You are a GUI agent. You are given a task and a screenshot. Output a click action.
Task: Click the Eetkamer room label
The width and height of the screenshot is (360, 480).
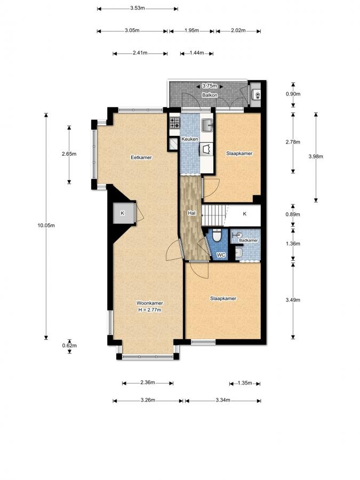click(142, 157)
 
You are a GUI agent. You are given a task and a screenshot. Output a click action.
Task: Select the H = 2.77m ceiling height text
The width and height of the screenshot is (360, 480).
click(149, 309)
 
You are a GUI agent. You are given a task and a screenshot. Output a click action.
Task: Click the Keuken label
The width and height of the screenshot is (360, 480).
click(190, 139)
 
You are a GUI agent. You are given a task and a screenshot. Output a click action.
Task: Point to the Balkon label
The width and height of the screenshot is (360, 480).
click(208, 95)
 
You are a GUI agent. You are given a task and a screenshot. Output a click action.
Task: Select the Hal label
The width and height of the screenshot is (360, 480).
click(191, 213)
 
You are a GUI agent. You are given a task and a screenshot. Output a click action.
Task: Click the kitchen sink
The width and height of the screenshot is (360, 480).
click(207, 125)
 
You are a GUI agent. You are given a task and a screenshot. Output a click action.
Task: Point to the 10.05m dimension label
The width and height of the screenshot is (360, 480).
click(46, 225)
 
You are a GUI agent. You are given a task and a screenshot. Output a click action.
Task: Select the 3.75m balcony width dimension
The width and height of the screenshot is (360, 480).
click(209, 85)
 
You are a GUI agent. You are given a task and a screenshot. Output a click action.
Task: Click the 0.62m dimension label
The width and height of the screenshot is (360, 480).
click(70, 346)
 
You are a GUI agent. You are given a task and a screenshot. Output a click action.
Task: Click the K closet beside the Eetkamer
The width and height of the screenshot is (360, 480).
click(123, 213)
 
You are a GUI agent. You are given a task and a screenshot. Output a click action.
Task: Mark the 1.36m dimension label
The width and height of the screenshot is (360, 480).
click(293, 244)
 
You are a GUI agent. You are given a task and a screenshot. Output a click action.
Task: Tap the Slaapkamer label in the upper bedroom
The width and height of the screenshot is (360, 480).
click(239, 154)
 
